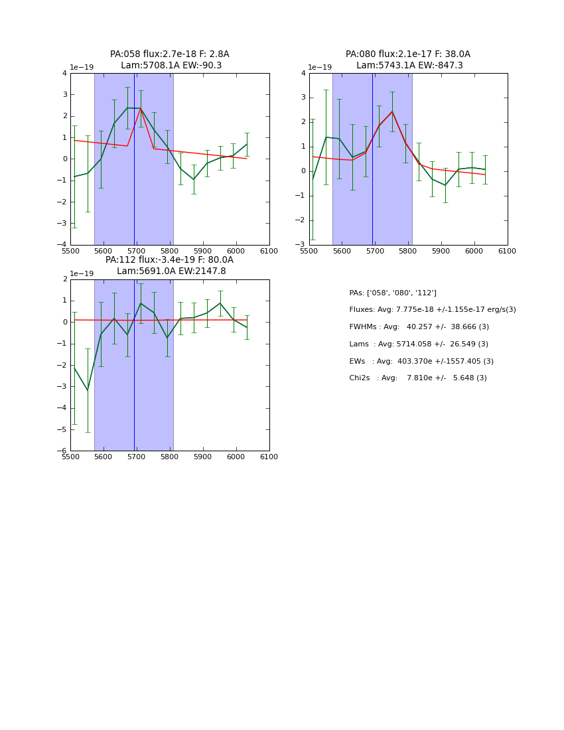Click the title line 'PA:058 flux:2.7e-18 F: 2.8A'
pyautogui.click(x=169, y=54)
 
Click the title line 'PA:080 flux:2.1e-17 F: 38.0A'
pyautogui.click(x=407, y=54)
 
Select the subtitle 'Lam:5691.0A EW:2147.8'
pyautogui.click(x=171, y=271)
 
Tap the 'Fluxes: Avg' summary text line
pyautogui.click(x=432, y=310)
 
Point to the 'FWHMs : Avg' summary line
pyautogui.click(x=419, y=327)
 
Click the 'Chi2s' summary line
pyautogui.click(x=417, y=378)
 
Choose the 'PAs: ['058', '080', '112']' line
pyautogui.click(x=393, y=293)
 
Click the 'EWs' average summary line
pyautogui.click(x=421, y=362)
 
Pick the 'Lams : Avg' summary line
pyautogui.click(x=419, y=344)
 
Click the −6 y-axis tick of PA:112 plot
pyautogui.click(x=63, y=451)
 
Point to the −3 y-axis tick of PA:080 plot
pyautogui.click(x=302, y=245)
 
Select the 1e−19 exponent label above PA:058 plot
pyautogui.click(x=82, y=67)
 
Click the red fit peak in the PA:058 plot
pyautogui.click(x=141, y=108)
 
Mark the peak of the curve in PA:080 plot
pyautogui.click(x=392, y=111)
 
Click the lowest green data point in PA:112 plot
pyautogui.click(x=88, y=390)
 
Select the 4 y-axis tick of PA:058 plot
pyautogui.click(x=64, y=73)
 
